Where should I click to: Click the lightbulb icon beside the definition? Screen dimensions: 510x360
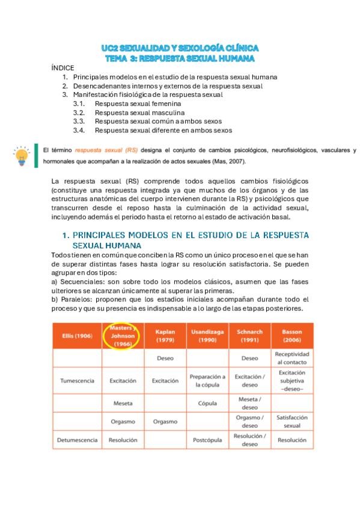tap(22, 156)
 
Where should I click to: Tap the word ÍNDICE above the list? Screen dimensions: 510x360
tap(63, 69)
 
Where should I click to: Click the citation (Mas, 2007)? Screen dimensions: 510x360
tap(246, 161)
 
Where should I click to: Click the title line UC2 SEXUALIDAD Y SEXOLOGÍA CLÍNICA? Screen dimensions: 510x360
tap(180, 48)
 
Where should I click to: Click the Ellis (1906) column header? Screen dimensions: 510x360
tap(77, 336)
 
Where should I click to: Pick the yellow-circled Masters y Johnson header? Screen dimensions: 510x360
tap(123, 336)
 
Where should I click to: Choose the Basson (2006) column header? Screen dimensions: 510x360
tap(292, 336)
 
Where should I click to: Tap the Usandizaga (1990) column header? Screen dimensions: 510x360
tap(207, 336)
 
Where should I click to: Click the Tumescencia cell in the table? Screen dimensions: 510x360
tap(77, 381)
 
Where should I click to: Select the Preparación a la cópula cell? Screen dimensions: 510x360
tap(207, 381)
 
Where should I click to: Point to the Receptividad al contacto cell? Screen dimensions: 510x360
tap(292, 358)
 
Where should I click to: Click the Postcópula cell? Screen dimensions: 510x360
tap(207, 440)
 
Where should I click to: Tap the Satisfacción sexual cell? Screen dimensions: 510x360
tap(292, 421)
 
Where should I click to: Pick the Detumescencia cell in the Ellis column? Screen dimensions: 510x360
tap(77, 440)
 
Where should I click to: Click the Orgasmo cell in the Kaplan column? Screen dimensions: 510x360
tap(165, 422)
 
